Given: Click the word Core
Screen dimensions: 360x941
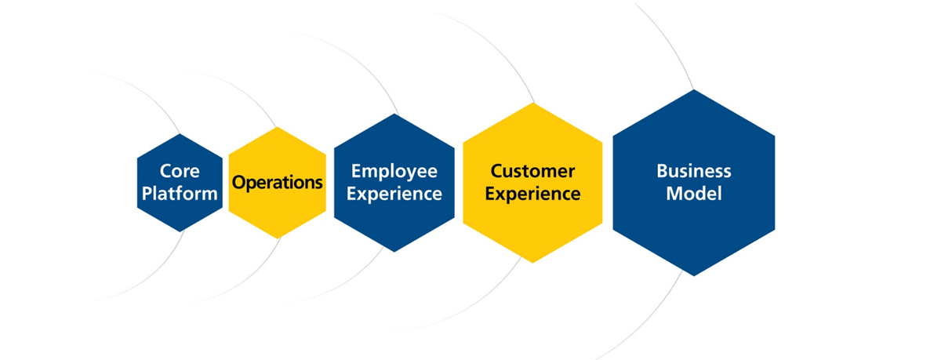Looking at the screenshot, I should click(x=180, y=171).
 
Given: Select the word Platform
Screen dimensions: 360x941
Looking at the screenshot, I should click(x=180, y=193).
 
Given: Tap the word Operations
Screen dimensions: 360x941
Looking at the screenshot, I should click(x=278, y=183).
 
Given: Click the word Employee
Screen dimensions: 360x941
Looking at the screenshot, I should click(x=394, y=171).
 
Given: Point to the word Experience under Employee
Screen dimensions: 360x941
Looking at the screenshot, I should click(x=394, y=194).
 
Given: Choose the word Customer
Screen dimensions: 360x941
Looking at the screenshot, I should click(x=532, y=171).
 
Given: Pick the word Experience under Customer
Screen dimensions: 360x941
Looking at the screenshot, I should click(x=532, y=194).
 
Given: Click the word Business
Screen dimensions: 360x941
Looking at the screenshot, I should click(x=694, y=171).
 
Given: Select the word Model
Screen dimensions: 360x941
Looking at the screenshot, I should click(x=694, y=194).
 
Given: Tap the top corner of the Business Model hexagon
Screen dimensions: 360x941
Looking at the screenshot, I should click(x=694, y=90).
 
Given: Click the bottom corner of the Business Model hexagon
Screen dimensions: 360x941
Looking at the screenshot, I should click(x=694, y=275).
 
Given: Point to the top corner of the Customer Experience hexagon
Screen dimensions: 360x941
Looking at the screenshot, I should click(x=533, y=104).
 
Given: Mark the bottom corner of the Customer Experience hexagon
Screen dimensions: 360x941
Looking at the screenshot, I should click(x=533, y=262).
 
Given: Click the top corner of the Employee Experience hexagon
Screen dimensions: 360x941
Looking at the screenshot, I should click(x=394, y=115).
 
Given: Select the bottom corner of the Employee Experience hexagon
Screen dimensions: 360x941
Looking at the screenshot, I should click(x=394, y=251).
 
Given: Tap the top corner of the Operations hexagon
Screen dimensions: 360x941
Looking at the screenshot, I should click(x=278, y=128).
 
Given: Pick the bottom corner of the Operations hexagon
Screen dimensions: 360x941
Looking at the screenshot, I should click(x=278, y=238).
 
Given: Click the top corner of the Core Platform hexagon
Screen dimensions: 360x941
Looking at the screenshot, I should click(x=180, y=134).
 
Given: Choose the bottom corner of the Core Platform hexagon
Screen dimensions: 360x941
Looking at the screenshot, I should click(x=180, y=231).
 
